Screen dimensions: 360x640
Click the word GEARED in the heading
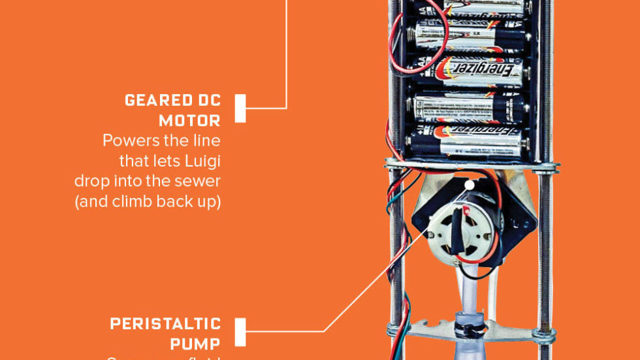point(155,101)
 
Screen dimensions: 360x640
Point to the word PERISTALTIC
point(165,325)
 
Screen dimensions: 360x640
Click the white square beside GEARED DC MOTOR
point(240,108)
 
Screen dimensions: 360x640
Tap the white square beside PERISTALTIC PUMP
point(240,332)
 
